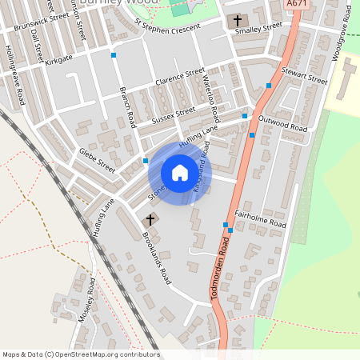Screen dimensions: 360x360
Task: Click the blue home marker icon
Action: pos(179,171)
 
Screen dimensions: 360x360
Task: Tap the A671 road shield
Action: pos(296,4)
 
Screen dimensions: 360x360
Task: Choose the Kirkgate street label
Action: pos(58,58)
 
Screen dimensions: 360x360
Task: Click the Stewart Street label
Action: pos(304,75)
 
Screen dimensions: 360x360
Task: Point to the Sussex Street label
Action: pos(173,115)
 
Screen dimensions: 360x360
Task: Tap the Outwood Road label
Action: pos(282,122)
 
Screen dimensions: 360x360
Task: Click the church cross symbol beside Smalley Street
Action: pos(238,19)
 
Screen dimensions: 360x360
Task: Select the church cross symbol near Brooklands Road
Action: pos(150,218)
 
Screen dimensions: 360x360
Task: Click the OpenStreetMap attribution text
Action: pos(80,354)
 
